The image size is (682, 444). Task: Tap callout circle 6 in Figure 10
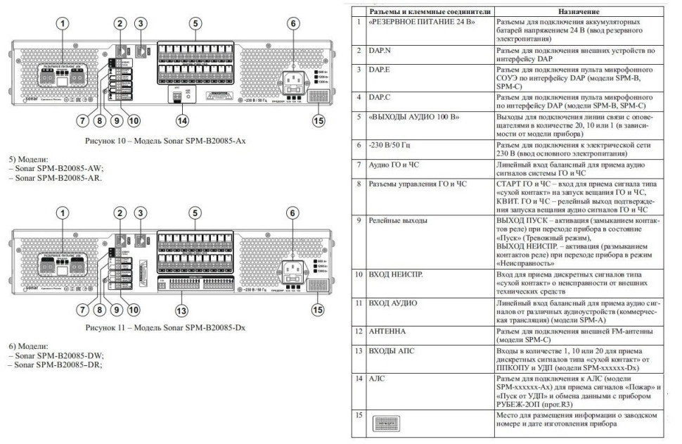point(292,23)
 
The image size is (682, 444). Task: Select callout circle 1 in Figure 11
point(64,213)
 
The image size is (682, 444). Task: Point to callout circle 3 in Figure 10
point(142,23)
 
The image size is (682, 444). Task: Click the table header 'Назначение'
point(578,12)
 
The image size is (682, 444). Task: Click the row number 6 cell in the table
point(359,144)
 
